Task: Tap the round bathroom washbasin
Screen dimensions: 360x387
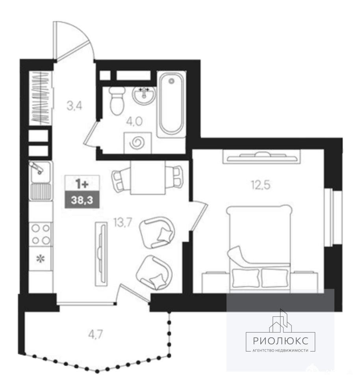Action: coord(144,95)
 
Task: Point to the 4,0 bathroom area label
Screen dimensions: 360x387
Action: coord(134,122)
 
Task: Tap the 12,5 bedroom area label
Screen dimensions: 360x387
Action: coord(261,184)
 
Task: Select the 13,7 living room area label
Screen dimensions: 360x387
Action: coord(123,223)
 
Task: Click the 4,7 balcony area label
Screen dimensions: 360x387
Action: coord(95,335)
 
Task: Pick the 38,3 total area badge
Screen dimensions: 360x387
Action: coord(82,200)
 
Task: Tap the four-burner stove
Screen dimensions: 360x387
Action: coord(41,234)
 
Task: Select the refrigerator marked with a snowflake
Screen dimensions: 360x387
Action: coord(41,259)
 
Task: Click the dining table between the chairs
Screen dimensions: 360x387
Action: coord(148,177)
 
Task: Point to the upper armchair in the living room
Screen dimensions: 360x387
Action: coord(157,233)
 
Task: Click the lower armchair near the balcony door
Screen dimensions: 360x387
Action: coord(154,272)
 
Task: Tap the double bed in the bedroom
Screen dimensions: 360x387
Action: coord(259,247)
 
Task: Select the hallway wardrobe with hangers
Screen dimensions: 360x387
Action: coord(41,98)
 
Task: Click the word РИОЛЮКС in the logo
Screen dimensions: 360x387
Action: coord(280,341)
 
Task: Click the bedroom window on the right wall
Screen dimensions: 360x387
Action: coord(328,218)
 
